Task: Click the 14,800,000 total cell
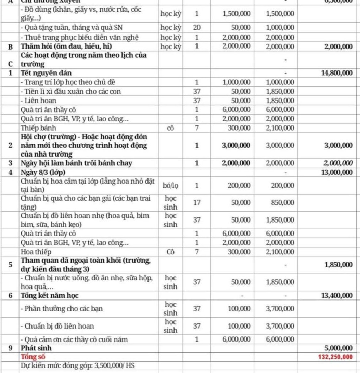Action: pyautogui.click(x=337, y=73)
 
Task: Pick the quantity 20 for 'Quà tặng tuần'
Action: pyautogui.click(x=196, y=28)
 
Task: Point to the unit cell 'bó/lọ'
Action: pyautogui.click(x=172, y=185)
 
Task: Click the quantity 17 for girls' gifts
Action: pyautogui.click(x=196, y=202)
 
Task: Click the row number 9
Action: pyautogui.click(x=11, y=348)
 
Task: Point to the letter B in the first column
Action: pyautogui.click(x=11, y=46)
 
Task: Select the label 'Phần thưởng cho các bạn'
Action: pyautogui.click(x=62, y=309)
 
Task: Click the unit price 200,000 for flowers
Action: pyautogui.click(x=239, y=185)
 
